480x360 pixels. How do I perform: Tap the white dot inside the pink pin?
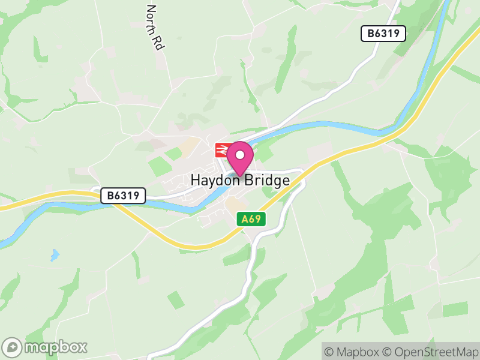click(x=240, y=155)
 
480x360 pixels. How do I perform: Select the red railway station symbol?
click(x=222, y=149)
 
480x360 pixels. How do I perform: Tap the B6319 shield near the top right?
click(x=383, y=34)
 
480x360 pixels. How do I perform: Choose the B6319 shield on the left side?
click(x=123, y=196)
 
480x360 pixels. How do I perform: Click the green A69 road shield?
click(x=251, y=219)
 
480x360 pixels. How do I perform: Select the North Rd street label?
click(x=155, y=28)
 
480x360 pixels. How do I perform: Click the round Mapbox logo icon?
click(x=13, y=347)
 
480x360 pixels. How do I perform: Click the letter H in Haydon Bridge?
click(x=195, y=180)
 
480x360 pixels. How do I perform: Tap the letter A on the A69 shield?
click(x=244, y=219)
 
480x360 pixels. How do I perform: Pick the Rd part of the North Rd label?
click(x=158, y=42)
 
